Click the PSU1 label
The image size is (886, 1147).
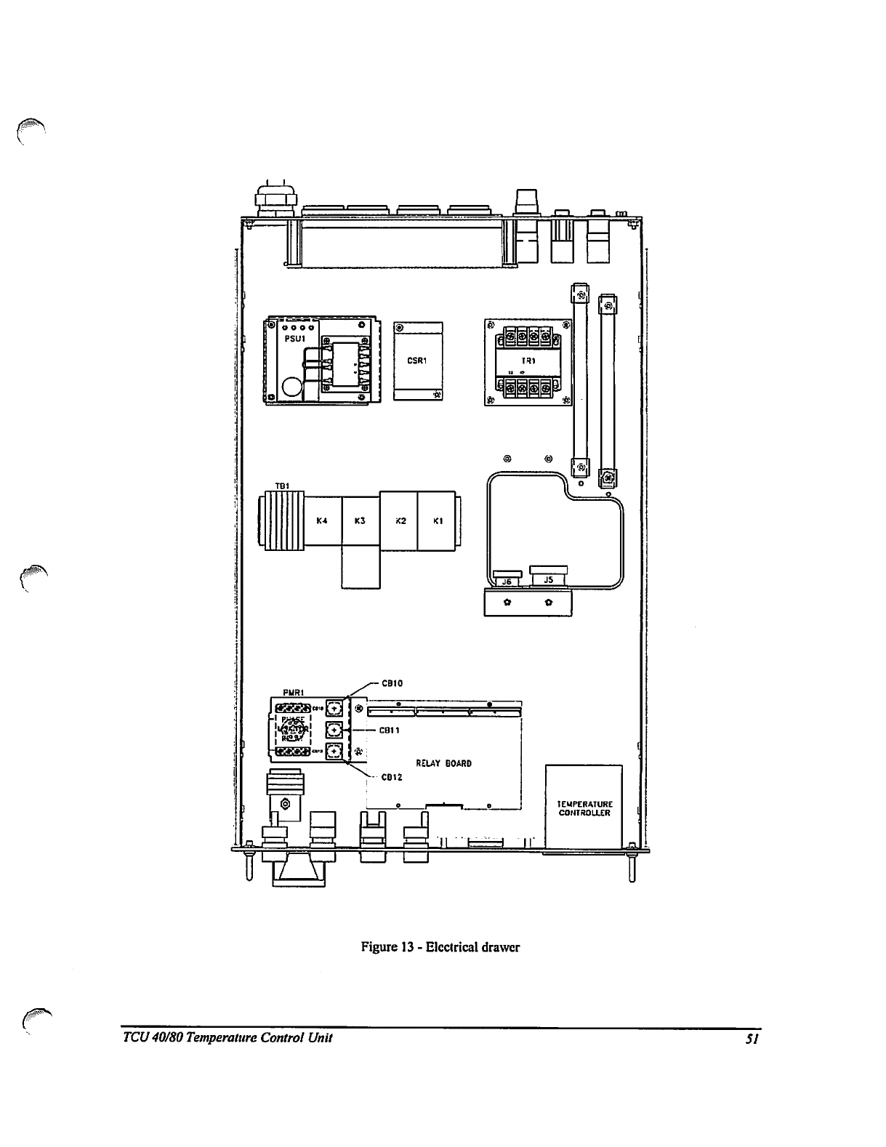click(x=294, y=338)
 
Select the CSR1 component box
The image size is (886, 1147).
click(x=418, y=360)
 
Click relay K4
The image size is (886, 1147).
click(x=322, y=520)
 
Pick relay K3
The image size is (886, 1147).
click(x=360, y=520)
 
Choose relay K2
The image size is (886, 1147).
click(x=400, y=520)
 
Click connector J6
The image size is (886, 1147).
click(x=507, y=580)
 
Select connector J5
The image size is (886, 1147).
click(x=548, y=579)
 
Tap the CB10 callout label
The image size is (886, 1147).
click(x=392, y=683)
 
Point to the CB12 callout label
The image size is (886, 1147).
click(x=392, y=777)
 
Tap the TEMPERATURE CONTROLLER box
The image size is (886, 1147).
click(x=584, y=807)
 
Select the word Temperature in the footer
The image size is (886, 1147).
click(x=220, y=1037)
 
